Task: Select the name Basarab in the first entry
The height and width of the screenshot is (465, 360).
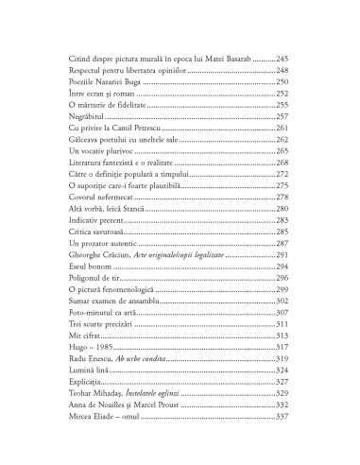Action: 235,59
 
